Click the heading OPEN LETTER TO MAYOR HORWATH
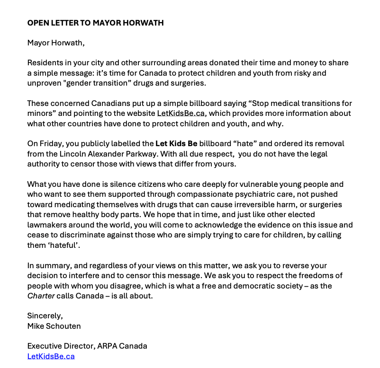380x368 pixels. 95,23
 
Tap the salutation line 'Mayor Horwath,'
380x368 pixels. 56,43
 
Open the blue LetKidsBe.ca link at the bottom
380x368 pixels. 51,356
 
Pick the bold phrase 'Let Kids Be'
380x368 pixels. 176,144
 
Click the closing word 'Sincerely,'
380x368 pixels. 45,315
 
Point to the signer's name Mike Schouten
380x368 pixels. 54,325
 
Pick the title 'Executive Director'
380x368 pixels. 61,346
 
